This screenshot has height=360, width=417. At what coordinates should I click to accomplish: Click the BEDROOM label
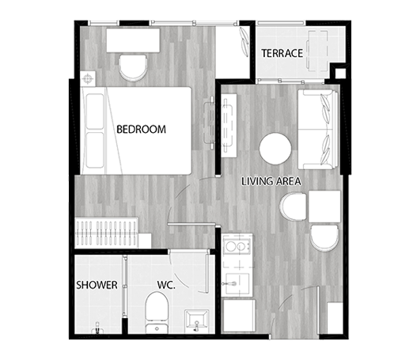click(x=141, y=129)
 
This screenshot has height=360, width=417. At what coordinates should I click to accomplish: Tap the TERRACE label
click(x=282, y=53)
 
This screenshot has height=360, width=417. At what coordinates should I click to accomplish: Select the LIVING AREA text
click(x=271, y=181)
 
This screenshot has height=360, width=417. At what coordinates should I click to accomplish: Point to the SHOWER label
click(x=97, y=285)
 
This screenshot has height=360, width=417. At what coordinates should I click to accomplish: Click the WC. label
click(x=166, y=285)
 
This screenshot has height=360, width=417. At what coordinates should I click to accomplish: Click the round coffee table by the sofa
click(x=275, y=149)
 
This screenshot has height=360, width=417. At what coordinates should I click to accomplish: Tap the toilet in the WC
click(x=157, y=313)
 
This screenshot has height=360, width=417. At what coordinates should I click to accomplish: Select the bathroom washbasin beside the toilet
click(x=196, y=321)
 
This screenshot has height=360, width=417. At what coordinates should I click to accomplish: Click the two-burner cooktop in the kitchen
click(x=237, y=247)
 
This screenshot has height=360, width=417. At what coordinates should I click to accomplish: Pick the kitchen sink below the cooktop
click(x=236, y=284)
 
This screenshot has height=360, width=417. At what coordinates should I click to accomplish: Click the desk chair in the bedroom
click(x=133, y=67)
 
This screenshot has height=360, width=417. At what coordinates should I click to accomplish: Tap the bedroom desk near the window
click(x=133, y=40)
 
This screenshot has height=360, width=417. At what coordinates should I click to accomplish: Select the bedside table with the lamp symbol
click(x=88, y=78)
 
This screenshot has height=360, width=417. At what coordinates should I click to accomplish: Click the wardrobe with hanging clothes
click(x=107, y=233)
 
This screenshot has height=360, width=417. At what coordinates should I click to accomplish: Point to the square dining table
click(x=324, y=207)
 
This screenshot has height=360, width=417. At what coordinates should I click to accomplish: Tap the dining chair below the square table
click(x=324, y=238)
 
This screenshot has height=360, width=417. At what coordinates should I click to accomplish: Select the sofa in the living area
click(x=318, y=129)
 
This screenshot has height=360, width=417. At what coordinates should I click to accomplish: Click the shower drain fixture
click(x=97, y=328)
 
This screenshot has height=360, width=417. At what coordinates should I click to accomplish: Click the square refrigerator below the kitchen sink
click(x=239, y=316)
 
